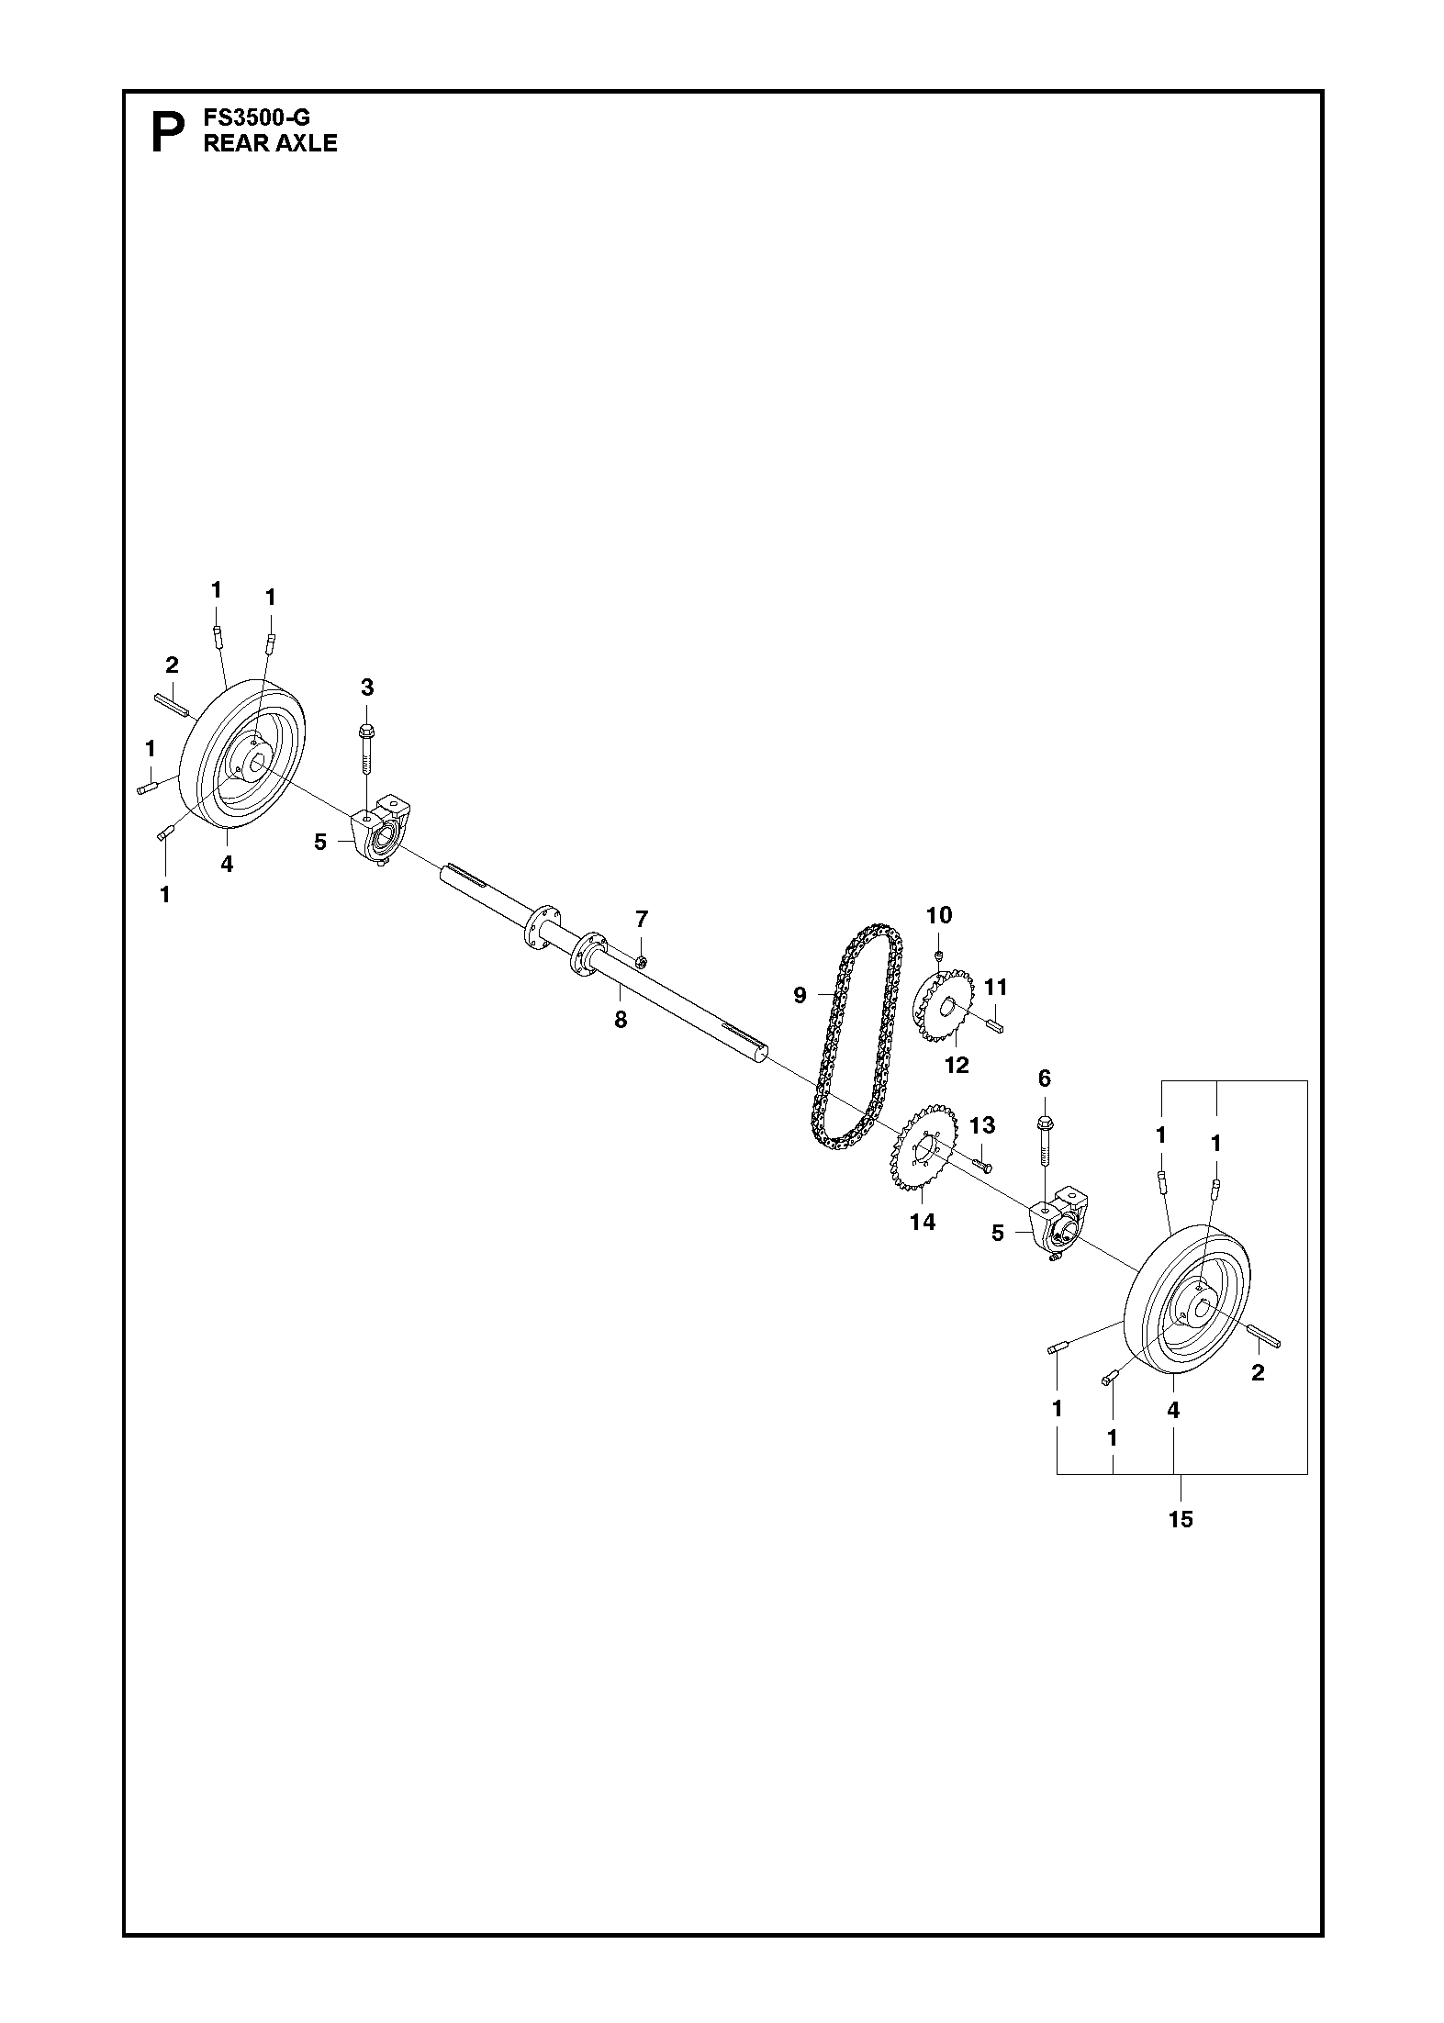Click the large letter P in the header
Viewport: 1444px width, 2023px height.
[166, 132]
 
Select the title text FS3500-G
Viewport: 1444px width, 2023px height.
[257, 118]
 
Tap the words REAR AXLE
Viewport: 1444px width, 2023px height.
[270, 143]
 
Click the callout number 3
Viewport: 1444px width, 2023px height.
[367, 687]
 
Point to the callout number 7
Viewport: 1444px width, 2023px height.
[642, 918]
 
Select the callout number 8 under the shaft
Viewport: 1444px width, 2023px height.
[621, 1019]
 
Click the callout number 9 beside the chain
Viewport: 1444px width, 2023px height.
[800, 995]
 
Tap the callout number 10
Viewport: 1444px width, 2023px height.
[939, 915]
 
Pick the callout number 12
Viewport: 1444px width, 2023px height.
[957, 1065]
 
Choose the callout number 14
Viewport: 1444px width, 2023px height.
[923, 1222]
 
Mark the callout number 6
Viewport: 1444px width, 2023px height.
[1044, 1079]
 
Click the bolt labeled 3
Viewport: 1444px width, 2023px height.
[366, 753]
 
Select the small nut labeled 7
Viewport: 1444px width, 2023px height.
[643, 961]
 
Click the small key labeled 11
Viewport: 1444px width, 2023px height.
[996, 1024]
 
